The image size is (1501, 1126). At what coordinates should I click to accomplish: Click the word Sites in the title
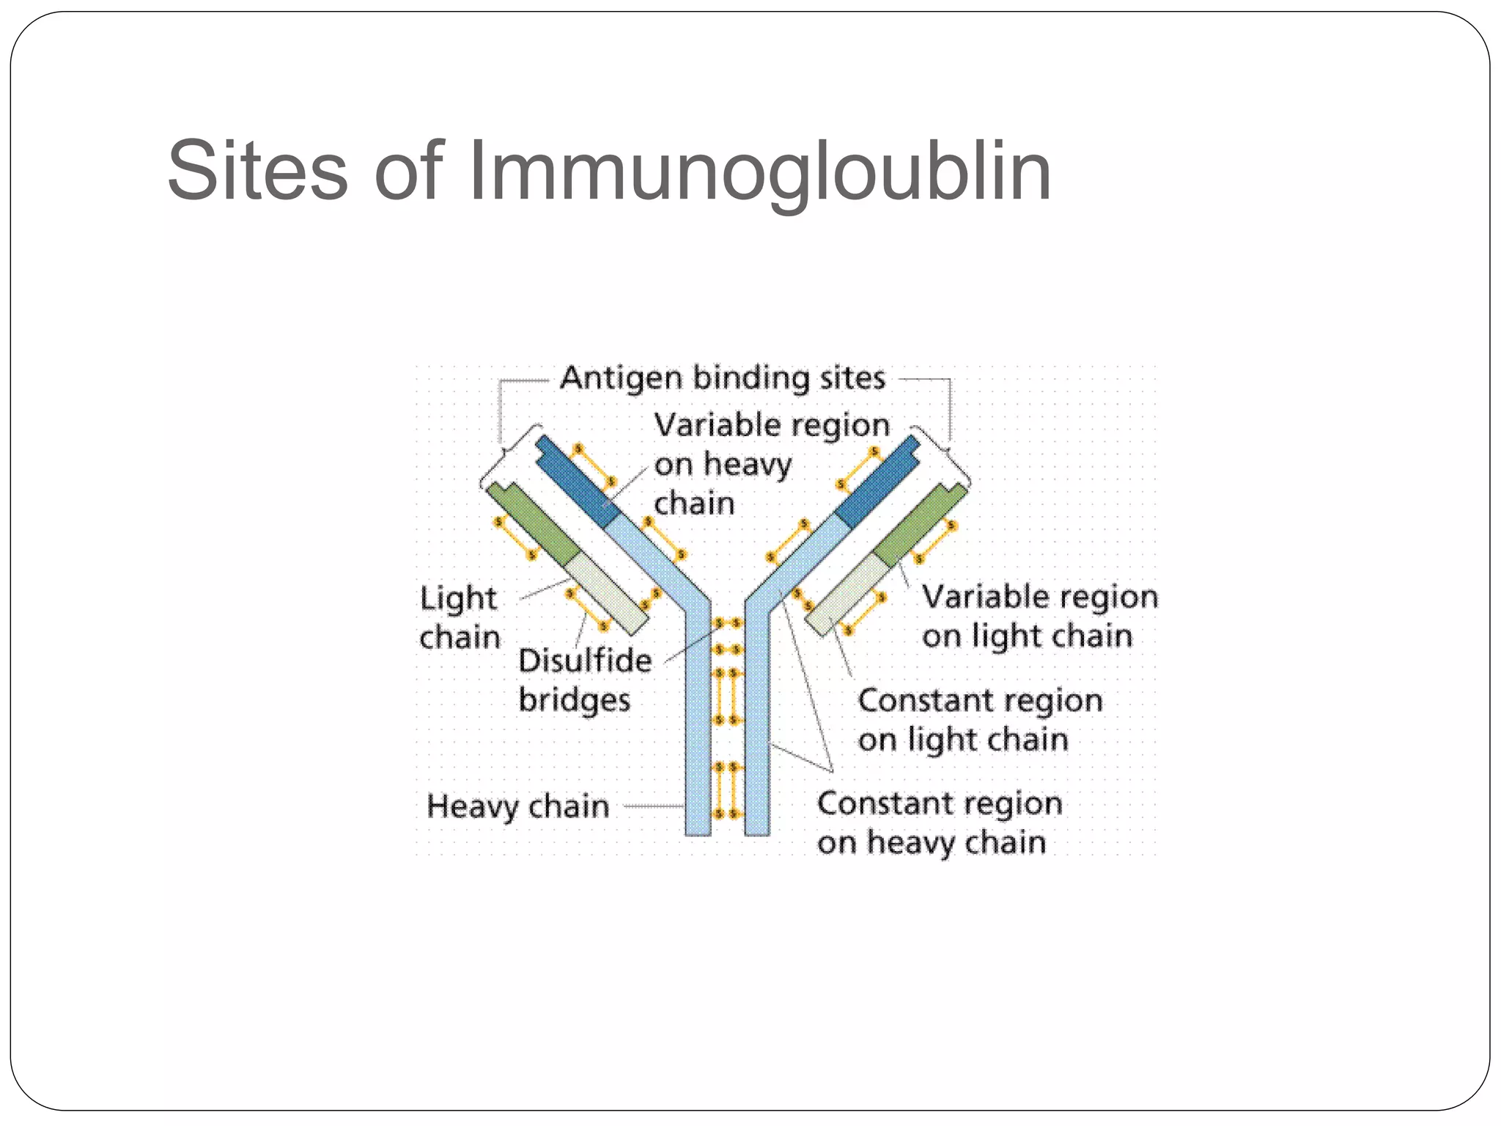click(x=257, y=172)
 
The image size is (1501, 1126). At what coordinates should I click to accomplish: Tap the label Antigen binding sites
click(x=723, y=378)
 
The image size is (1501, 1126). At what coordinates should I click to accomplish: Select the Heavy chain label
click(x=518, y=806)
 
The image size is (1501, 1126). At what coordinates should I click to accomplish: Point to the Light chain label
click(x=460, y=617)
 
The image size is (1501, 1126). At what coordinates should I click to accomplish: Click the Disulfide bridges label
click(x=584, y=680)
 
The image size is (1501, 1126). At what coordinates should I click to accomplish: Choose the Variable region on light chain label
click(x=1039, y=616)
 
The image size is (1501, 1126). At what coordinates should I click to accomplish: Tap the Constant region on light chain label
click(x=979, y=719)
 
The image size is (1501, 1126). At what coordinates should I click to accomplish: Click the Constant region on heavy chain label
click(x=940, y=823)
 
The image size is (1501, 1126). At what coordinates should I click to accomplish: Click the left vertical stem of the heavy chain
click(x=698, y=733)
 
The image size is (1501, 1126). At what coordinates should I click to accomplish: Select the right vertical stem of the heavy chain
click(x=757, y=733)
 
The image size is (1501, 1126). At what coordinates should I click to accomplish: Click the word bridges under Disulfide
click(x=574, y=700)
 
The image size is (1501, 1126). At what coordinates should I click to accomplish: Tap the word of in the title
click(x=407, y=172)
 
